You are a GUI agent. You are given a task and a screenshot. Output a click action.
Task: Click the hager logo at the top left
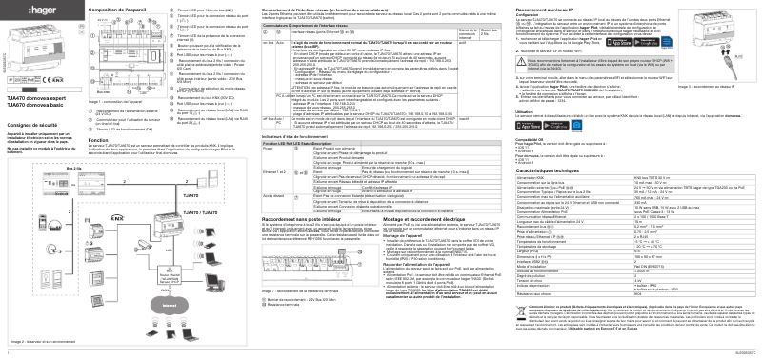pyautogui.click(x=18, y=9)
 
